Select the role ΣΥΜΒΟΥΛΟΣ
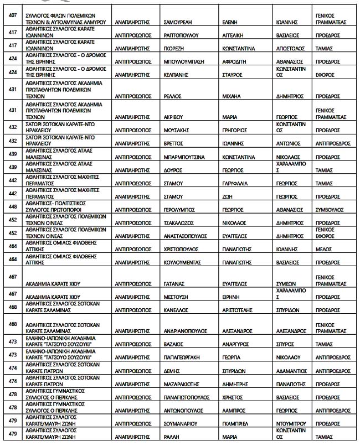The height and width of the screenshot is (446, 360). point(332,210)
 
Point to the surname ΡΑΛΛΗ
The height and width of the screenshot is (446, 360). point(171,437)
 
